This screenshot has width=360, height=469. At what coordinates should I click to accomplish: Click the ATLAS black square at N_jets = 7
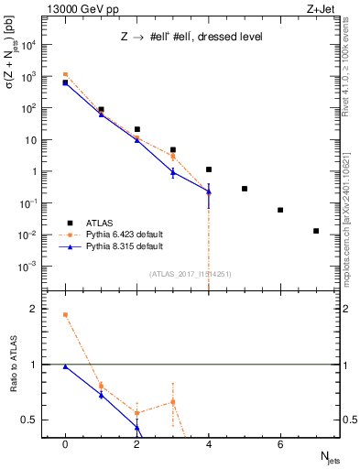pyautogui.click(x=316, y=231)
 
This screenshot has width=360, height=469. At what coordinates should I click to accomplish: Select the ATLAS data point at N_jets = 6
pyautogui.click(x=280, y=210)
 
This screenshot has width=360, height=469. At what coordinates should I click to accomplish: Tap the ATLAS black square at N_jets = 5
pyautogui.click(x=245, y=189)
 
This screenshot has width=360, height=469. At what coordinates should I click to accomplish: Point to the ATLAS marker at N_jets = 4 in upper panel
pyautogui.click(x=209, y=169)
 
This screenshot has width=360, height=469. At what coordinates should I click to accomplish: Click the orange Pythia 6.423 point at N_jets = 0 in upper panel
pyautogui.click(x=65, y=74)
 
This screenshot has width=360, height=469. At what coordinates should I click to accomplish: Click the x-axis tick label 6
pyautogui.click(x=280, y=444)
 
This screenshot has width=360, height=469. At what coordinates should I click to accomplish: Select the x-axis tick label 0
pyautogui.click(x=65, y=444)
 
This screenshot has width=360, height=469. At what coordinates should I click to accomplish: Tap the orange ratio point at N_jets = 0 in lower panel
pyautogui.click(x=65, y=314)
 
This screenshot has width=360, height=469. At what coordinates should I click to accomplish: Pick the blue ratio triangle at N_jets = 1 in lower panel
pyautogui.click(x=101, y=395)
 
